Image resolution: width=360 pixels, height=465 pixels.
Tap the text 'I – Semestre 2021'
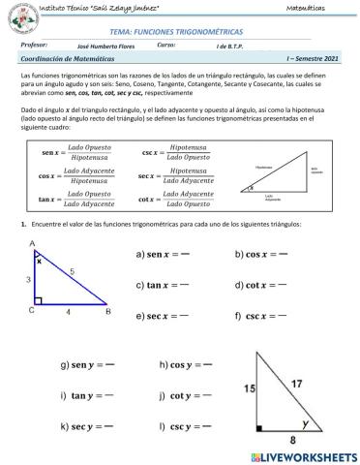tap(309, 60)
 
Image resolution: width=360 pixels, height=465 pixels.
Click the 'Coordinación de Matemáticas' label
tap(66, 60)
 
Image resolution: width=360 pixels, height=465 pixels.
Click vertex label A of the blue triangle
tap(33, 244)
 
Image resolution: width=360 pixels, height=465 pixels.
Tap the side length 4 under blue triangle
tap(68, 314)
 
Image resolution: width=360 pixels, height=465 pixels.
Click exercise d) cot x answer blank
tap(285, 286)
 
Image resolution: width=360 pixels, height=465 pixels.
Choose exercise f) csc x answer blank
tap(285, 317)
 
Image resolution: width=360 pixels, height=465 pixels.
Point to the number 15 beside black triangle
tap(251, 387)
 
